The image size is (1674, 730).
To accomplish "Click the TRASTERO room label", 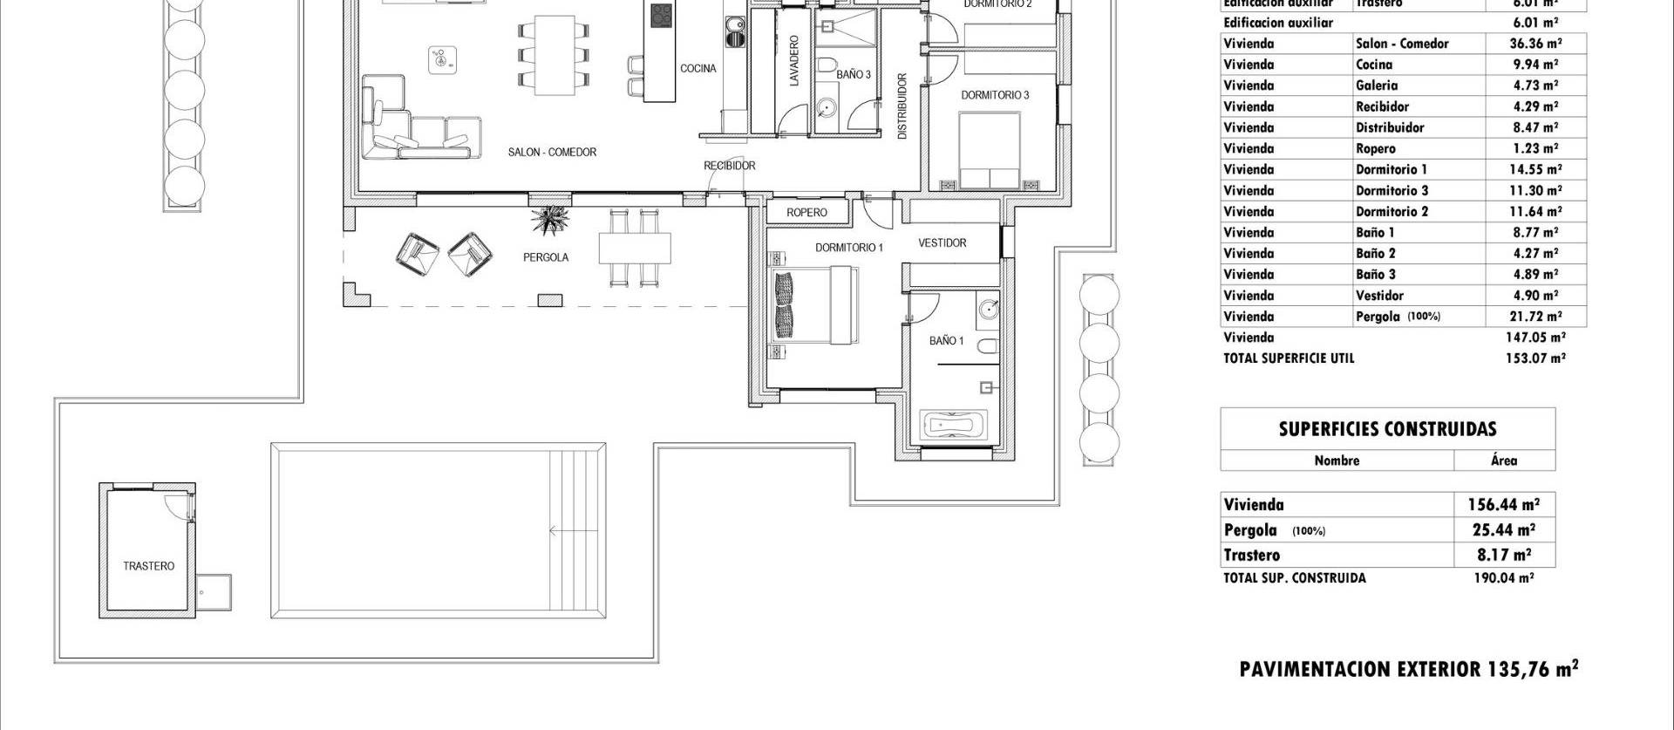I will point(148,566).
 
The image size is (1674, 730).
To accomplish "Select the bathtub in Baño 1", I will point(956,426).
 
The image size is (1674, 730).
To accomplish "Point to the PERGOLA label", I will point(546,257).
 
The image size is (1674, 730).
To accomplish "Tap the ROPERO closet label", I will point(806,212).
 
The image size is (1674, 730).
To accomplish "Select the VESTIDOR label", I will point(942,243).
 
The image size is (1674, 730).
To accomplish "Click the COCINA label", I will point(697,69).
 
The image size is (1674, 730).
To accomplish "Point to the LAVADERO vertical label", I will point(793,61).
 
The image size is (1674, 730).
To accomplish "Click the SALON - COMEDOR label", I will point(552,152).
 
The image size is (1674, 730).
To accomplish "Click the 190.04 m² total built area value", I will point(1503,577).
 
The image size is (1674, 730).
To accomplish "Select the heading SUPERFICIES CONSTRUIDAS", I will point(1387,429).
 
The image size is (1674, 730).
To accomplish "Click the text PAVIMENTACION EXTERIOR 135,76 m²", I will point(1408,669).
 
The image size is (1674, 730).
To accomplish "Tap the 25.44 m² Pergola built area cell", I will point(1503,529).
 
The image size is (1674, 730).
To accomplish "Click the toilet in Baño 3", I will point(828,65).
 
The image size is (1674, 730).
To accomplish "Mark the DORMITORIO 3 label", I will point(995,95).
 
